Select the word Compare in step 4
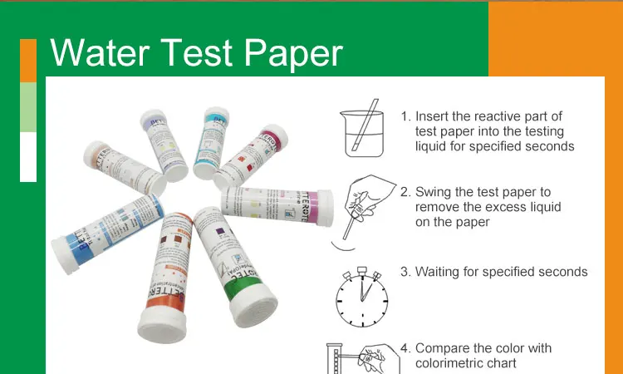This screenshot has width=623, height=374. pyautogui.click(x=443, y=348)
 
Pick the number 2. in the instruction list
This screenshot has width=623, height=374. pyautogui.click(x=405, y=192)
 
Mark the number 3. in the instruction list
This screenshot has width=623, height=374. pyautogui.click(x=405, y=272)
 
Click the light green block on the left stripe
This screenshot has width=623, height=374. pyautogui.click(x=28, y=107)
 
